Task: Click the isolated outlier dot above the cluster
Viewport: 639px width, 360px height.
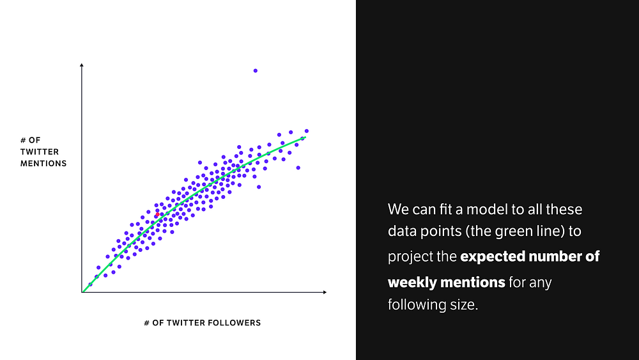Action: [256, 71]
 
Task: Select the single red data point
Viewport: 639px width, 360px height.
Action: [157, 214]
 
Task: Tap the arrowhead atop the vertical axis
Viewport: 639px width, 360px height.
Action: [82, 65]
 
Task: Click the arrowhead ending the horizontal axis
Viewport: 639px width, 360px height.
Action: [325, 292]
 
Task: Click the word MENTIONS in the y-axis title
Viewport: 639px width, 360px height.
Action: [43, 164]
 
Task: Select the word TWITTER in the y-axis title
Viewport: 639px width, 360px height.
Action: [40, 152]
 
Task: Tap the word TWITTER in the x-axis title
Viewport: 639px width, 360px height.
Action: [185, 323]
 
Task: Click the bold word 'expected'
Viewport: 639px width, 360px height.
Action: [493, 257]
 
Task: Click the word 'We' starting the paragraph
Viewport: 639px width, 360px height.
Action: [397, 210]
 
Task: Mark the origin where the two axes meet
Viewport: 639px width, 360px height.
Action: [82, 292]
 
